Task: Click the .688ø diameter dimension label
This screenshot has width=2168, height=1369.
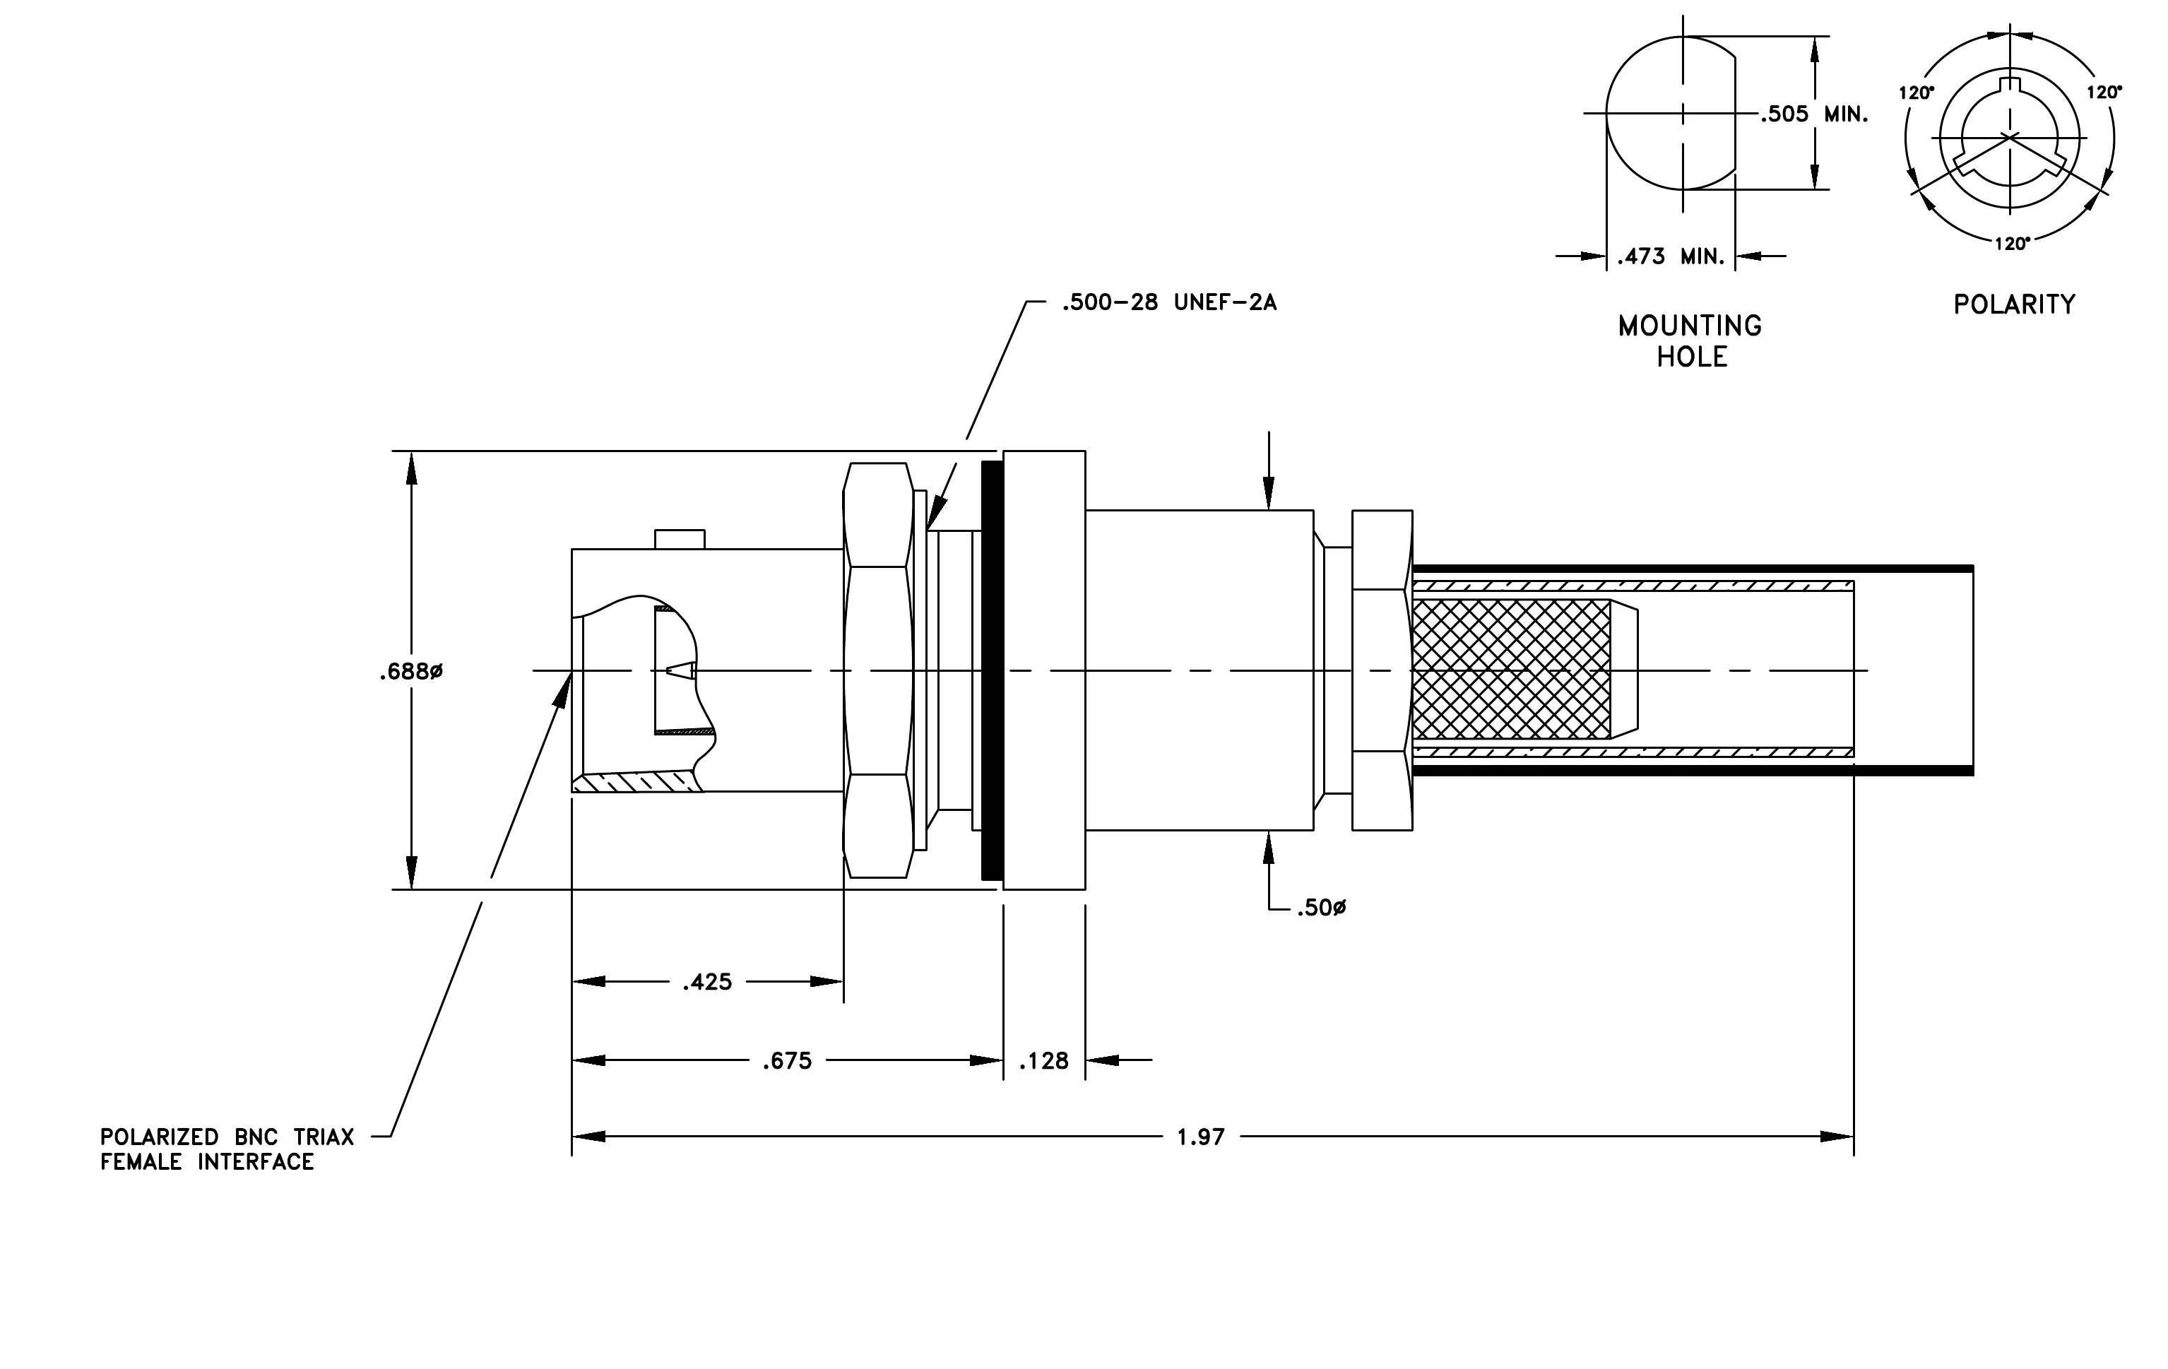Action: click(410, 672)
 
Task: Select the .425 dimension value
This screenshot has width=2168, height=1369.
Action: click(708, 982)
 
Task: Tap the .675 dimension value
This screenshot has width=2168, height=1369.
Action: click(787, 1061)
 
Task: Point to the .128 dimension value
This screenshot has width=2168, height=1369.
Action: click(1044, 1061)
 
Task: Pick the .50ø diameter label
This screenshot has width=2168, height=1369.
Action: click(1321, 908)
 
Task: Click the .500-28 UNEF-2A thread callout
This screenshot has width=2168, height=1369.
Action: click(1168, 302)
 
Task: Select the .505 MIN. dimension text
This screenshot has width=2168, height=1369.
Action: click(1815, 114)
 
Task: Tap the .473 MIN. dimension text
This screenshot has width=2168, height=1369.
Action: click(1671, 256)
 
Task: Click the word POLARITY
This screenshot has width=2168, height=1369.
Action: click(2014, 304)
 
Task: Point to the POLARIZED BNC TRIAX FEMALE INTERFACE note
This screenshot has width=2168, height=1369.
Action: click(227, 1149)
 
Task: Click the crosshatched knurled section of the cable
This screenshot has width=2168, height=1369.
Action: click(1512, 670)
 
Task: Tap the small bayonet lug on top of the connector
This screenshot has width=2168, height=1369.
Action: click(680, 539)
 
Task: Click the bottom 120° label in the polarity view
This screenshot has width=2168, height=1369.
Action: click(2011, 244)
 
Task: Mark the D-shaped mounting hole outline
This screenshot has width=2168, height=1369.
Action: click(1607, 112)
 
